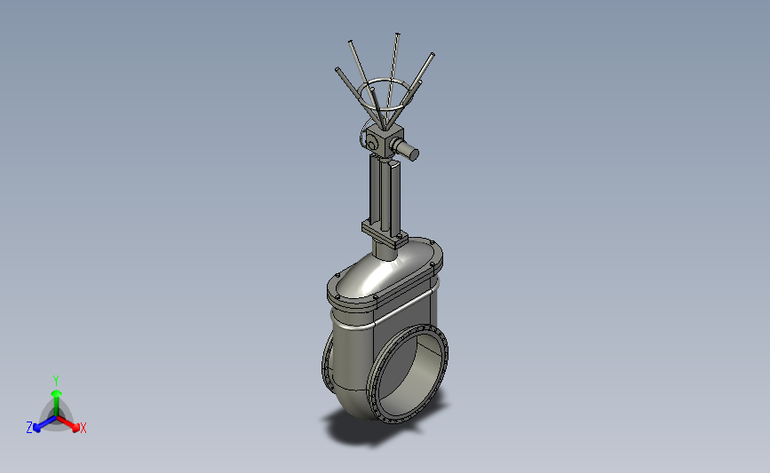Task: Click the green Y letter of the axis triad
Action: [55, 381]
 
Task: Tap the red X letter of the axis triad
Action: [83, 428]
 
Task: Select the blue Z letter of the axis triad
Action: [29, 428]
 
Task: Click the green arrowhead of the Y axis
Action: [57, 393]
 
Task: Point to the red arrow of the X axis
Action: [67, 423]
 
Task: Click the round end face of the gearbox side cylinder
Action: [414, 154]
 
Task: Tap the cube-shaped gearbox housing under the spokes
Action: [385, 141]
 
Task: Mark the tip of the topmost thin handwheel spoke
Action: [397, 35]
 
